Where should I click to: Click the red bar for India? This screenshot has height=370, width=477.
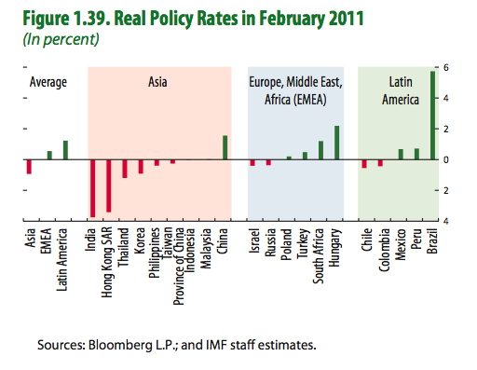92,187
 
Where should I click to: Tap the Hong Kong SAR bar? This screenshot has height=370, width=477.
109,185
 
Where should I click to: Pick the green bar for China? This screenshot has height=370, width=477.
225,147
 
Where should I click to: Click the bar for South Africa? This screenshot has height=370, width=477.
320,150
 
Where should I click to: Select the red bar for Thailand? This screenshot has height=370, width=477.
125,169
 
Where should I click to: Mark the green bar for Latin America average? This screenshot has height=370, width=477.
65,150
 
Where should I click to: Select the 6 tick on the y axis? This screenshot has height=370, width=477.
446,68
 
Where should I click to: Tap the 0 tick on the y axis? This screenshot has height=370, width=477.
446,159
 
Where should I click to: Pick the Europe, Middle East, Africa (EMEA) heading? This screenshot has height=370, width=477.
295,89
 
